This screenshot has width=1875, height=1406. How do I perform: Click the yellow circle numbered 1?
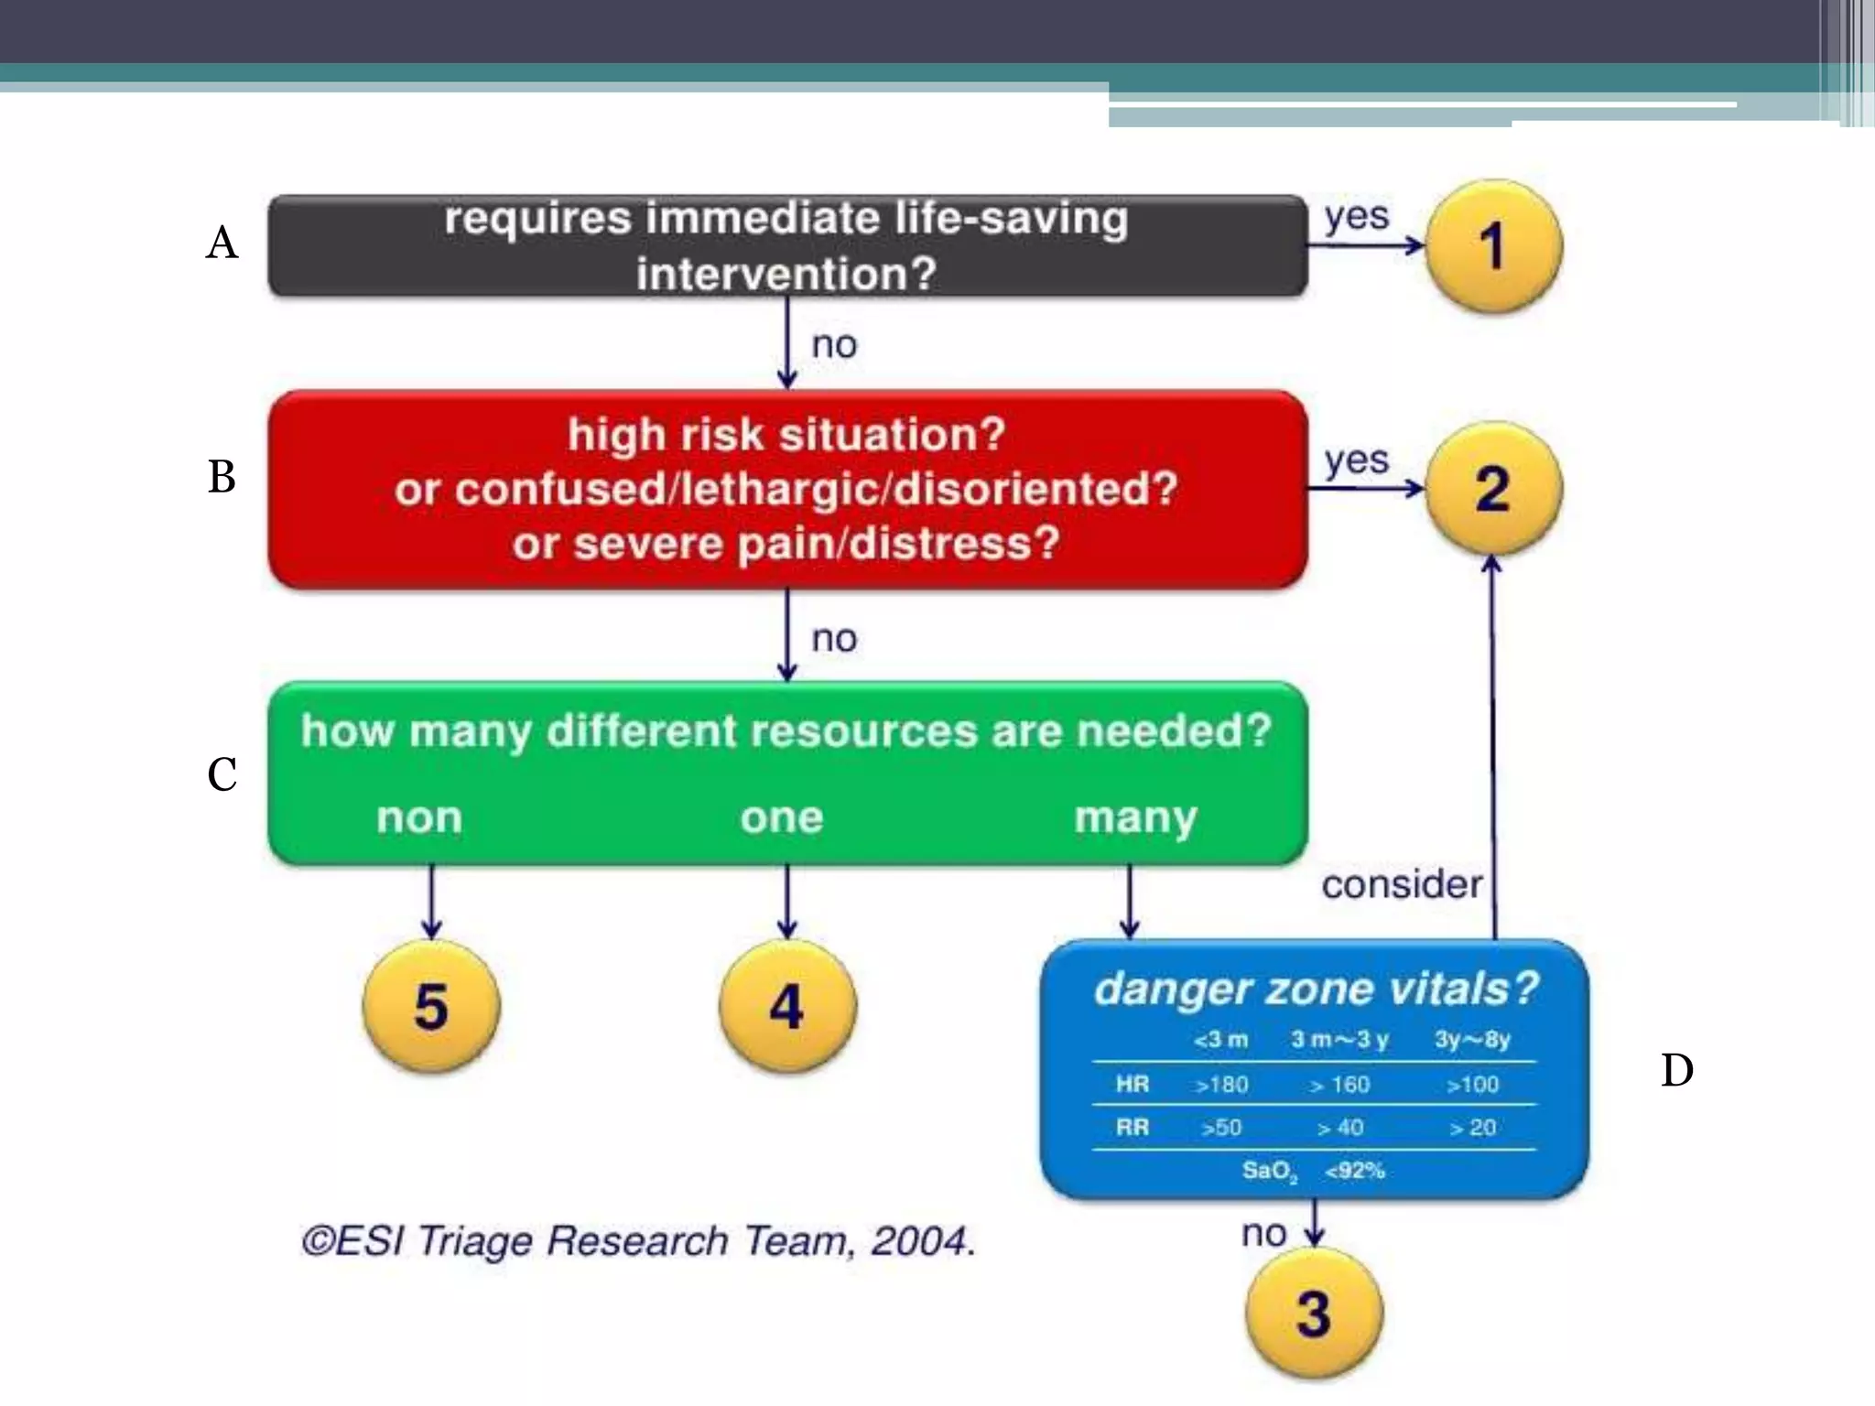pyautogui.click(x=1493, y=245)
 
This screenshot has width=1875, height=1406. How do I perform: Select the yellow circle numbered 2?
pyautogui.click(x=1493, y=489)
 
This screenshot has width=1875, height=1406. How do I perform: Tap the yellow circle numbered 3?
pyautogui.click(x=1314, y=1314)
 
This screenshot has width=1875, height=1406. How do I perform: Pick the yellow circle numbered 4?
pyautogui.click(x=787, y=1006)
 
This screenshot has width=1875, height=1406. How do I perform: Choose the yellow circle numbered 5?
pyautogui.click(x=431, y=1006)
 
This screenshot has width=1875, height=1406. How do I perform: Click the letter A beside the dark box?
pyautogui.click(x=222, y=243)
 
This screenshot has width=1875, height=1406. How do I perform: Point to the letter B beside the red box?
pyautogui.click(x=222, y=477)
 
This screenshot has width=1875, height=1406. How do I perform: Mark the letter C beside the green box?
pyautogui.click(x=222, y=774)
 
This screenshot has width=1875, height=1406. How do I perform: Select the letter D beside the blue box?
pyautogui.click(x=1676, y=1070)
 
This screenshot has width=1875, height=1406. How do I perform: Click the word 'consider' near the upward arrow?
pyautogui.click(x=1402, y=884)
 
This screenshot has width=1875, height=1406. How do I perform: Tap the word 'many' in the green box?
pyautogui.click(x=1135, y=817)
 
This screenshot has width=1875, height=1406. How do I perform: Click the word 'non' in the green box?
pyautogui.click(x=419, y=817)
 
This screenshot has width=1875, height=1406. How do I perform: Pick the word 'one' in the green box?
pyautogui.click(x=782, y=817)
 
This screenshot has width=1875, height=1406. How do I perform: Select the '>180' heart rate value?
pyautogui.click(x=1221, y=1085)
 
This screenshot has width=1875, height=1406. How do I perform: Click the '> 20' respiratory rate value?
pyautogui.click(x=1472, y=1128)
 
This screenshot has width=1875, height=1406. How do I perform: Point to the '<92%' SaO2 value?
pyautogui.click(x=1355, y=1171)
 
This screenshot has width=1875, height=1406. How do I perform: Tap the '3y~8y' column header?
pyautogui.click(x=1472, y=1040)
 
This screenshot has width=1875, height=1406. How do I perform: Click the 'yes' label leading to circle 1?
pyautogui.click(x=1357, y=217)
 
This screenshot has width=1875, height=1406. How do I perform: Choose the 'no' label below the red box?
pyautogui.click(x=834, y=639)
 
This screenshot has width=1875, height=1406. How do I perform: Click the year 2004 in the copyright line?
pyautogui.click(x=920, y=1241)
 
